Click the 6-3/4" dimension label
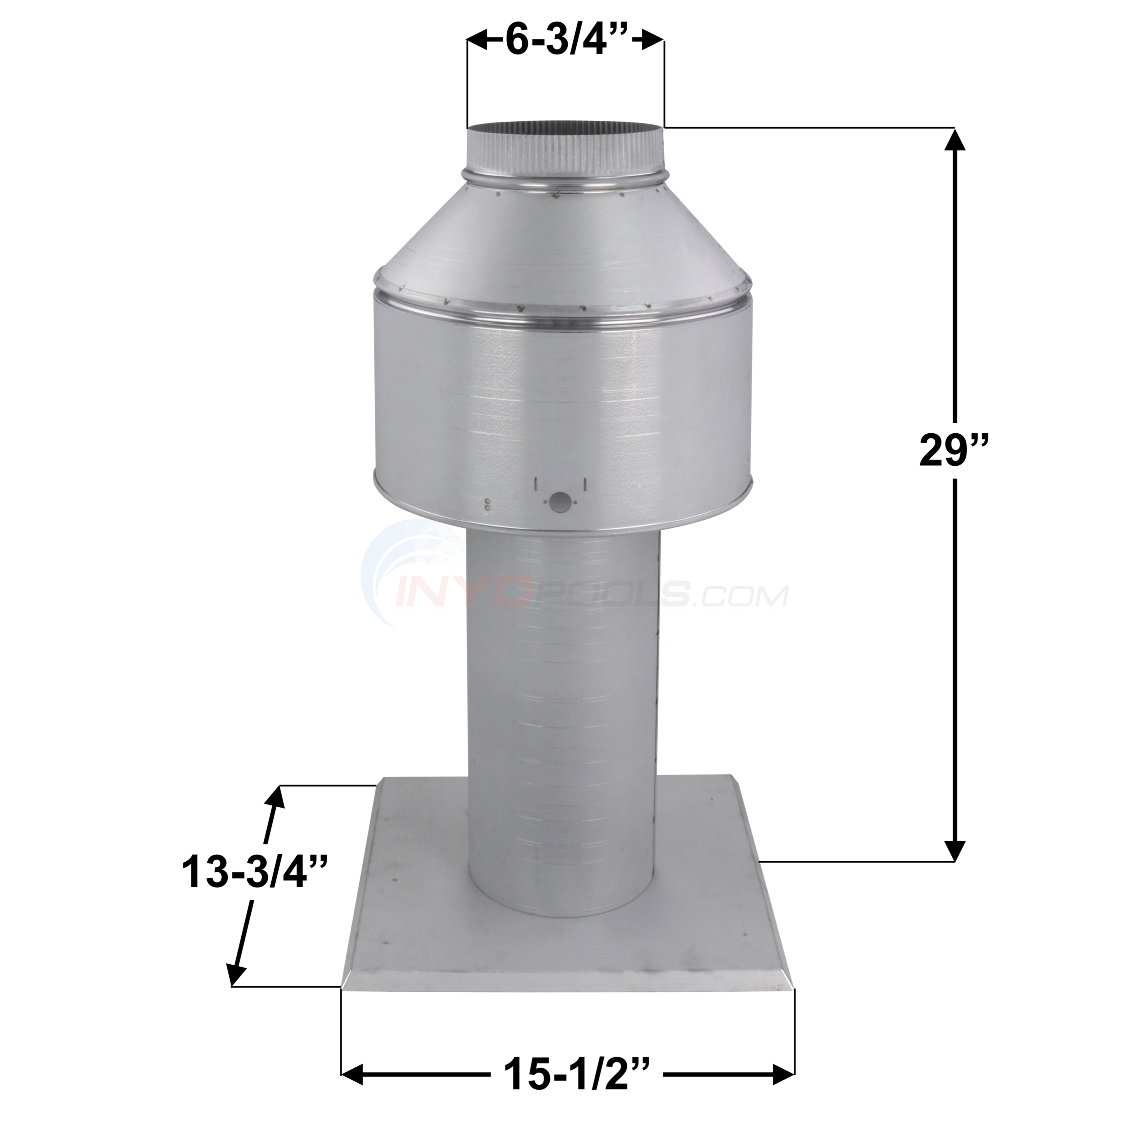pyautogui.click(x=564, y=41)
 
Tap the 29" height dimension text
pyautogui.click(x=955, y=450)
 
